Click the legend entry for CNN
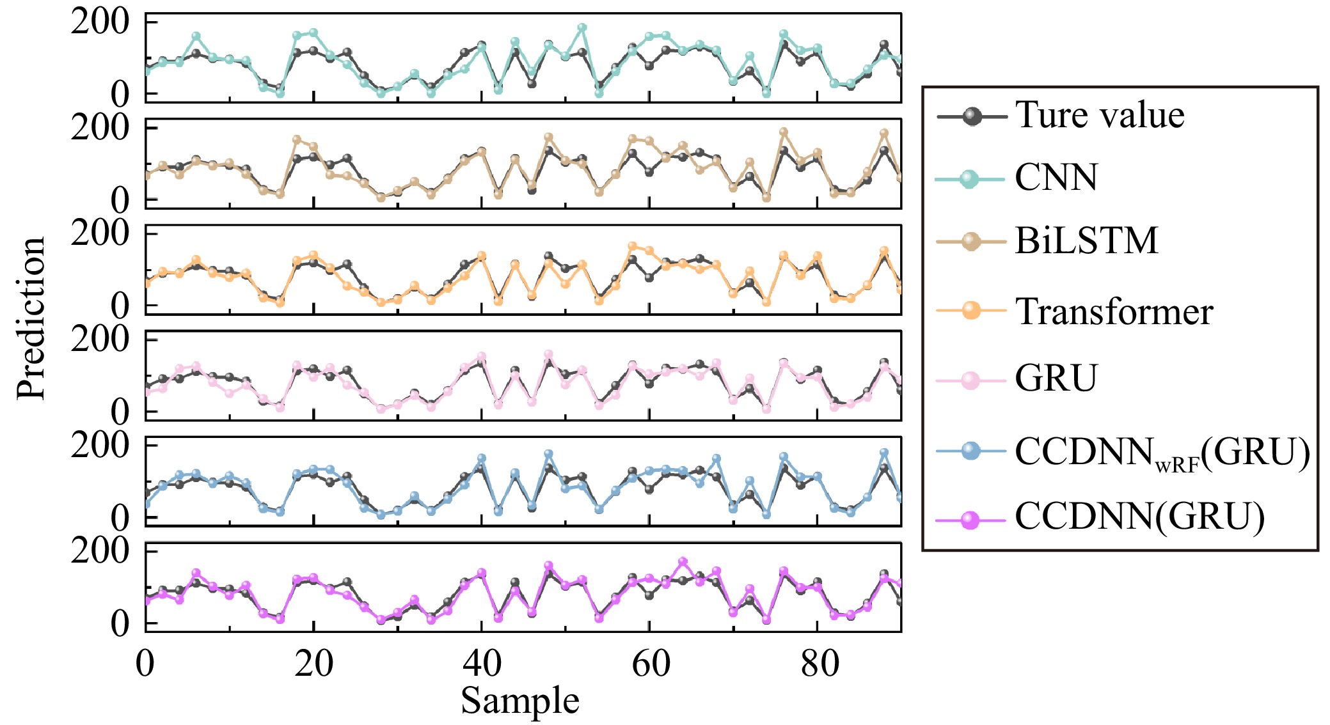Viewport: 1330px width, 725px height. click(1056, 178)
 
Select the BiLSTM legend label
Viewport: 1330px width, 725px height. click(1086, 241)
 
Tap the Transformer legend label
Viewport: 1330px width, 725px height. click(1114, 312)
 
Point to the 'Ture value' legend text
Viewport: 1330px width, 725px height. click(1100, 116)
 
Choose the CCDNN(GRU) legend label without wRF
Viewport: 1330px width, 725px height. click(1139, 517)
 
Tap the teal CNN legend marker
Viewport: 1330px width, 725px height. click(970, 179)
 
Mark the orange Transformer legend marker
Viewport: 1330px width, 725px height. click(970, 311)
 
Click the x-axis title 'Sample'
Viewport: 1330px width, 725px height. click(520, 701)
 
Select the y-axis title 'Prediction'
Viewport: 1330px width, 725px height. click(31, 318)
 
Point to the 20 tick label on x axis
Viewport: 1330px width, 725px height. click(313, 664)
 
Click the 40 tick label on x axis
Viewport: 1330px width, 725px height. click(482, 664)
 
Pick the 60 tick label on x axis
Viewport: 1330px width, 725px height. click(650, 664)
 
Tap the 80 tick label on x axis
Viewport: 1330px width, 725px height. click(818, 664)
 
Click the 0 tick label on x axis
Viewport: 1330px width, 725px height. click(145, 664)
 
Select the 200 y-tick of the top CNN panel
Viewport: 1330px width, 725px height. click(100, 22)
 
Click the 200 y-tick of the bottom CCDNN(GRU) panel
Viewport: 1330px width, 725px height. click(100, 550)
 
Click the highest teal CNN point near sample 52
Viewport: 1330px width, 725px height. click(582, 28)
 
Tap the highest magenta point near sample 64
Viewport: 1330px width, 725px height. click(683, 562)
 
